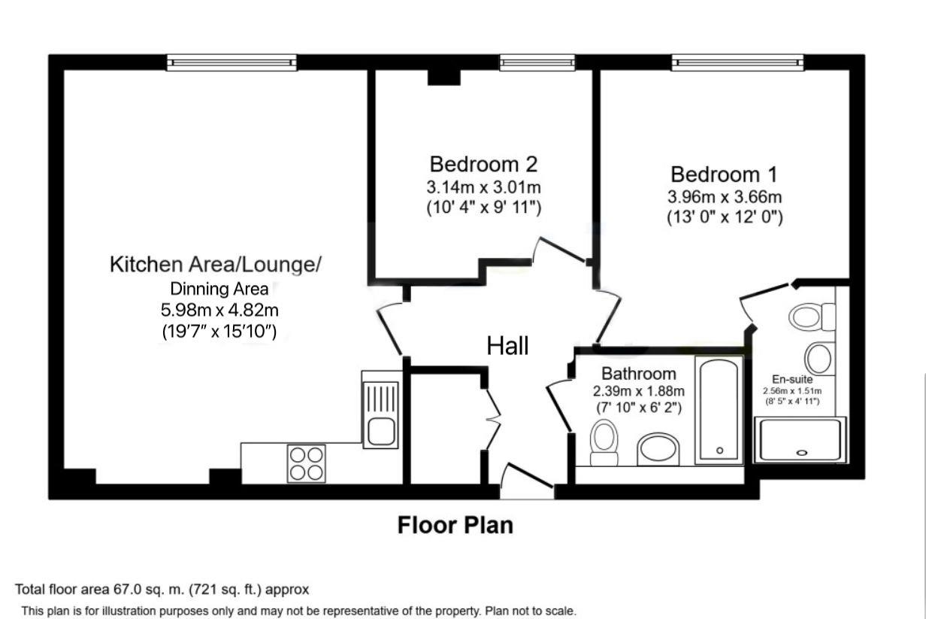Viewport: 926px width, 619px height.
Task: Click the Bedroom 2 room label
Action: pyautogui.click(x=484, y=164)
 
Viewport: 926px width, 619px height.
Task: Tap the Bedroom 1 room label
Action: pyautogui.click(x=725, y=174)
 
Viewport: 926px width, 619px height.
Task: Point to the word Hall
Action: pyautogui.click(x=507, y=346)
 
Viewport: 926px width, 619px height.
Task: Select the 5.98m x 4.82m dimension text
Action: pyautogui.click(x=219, y=310)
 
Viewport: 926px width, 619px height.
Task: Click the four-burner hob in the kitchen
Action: pyautogui.click(x=307, y=463)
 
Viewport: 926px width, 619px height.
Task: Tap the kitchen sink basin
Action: pyautogui.click(x=381, y=431)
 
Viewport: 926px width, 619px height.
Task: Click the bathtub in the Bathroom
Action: pyautogui.click(x=719, y=409)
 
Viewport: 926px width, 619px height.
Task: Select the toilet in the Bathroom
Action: pyautogui.click(x=604, y=443)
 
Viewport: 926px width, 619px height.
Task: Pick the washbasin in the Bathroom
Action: pyautogui.click(x=658, y=449)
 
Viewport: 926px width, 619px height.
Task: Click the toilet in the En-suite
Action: pyautogui.click(x=812, y=317)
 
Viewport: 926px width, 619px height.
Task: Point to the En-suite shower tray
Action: pyautogui.click(x=800, y=439)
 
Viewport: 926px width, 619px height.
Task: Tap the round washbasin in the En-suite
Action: pyautogui.click(x=819, y=359)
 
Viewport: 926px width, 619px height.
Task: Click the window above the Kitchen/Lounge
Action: pyautogui.click(x=231, y=62)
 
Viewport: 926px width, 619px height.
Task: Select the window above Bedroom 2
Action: pyautogui.click(x=537, y=62)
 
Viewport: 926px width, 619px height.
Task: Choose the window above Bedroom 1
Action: pyautogui.click(x=737, y=62)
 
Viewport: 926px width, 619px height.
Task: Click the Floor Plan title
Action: pyautogui.click(x=455, y=525)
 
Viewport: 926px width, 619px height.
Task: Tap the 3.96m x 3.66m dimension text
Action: pyautogui.click(x=725, y=197)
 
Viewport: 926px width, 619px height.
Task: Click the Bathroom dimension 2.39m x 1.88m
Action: pyautogui.click(x=639, y=391)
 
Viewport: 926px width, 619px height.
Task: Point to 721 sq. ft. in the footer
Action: pyautogui.click(x=225, y=589)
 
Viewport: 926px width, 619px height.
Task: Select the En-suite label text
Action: pyautogui.click(x=792, y=379)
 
